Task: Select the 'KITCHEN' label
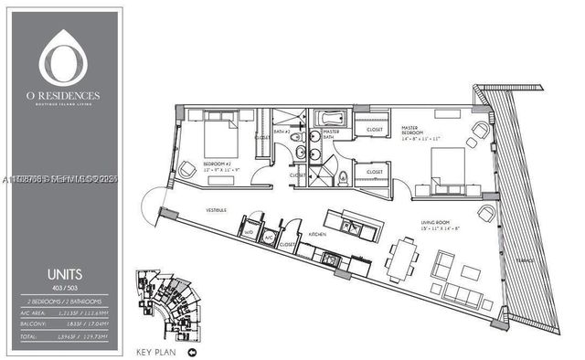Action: pos(317,233)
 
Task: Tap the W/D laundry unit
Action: pos(250,233)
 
